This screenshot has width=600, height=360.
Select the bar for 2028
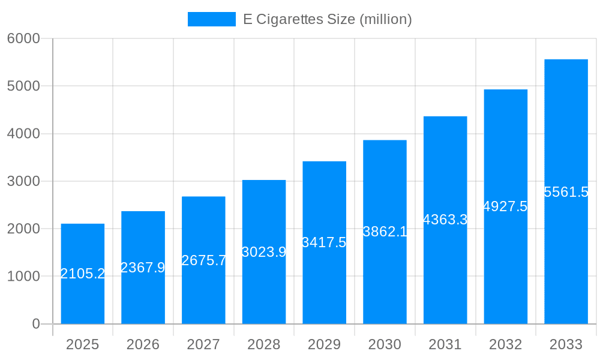click(x=264, y=282)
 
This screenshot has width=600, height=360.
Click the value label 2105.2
click(x=83, y=274)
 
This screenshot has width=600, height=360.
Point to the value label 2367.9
click(x=143, y=268)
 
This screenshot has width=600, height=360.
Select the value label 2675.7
click(x=203, y=260)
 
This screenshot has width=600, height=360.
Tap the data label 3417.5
click(x=324, y=242)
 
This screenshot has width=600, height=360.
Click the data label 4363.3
click(x=445, y=220)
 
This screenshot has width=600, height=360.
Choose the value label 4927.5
click(x=505, y=206)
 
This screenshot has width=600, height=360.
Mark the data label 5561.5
click(x=566, y=192)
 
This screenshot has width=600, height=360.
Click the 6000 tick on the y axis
click(x=23, y=38)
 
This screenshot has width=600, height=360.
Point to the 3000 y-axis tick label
click(x=23, y=181)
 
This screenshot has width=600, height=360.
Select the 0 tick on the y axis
click(x=35, y=324)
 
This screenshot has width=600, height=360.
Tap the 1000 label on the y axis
click(x=23, y=277)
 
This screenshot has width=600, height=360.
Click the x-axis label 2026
click(x=143, y=344)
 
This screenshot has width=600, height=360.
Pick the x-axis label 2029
click(x=324, y=344)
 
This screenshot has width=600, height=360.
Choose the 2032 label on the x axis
click(x=505, y=344)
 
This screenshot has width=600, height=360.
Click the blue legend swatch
click(x=211, y=19)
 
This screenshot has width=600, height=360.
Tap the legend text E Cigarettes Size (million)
click(x=327, y=19)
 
